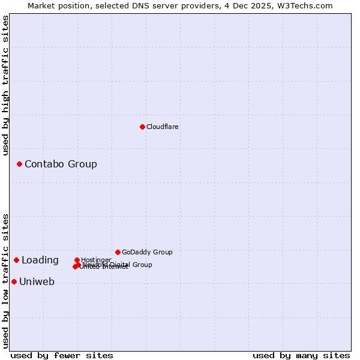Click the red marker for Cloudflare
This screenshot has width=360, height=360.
pos(142,127)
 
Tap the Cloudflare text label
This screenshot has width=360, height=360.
pos(163,127)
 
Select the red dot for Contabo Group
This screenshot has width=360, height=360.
pos(19,164)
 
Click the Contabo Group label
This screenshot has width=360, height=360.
pos(61,164)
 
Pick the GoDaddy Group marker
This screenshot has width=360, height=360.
pos(118,252)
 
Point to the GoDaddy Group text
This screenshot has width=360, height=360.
pos(147,252)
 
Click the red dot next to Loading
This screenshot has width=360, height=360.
pos(16,260)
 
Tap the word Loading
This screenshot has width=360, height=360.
pos(40,260)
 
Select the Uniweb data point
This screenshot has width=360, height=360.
pos(14,281)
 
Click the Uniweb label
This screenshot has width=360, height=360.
pos(37,282)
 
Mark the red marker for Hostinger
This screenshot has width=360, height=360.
pos(77,260)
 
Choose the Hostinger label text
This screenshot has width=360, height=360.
pos(96,260)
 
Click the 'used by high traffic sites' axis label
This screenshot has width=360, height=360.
pos(5,86)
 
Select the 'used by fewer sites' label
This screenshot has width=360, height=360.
pos(62,355)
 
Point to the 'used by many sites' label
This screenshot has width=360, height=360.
pos(301,355)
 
